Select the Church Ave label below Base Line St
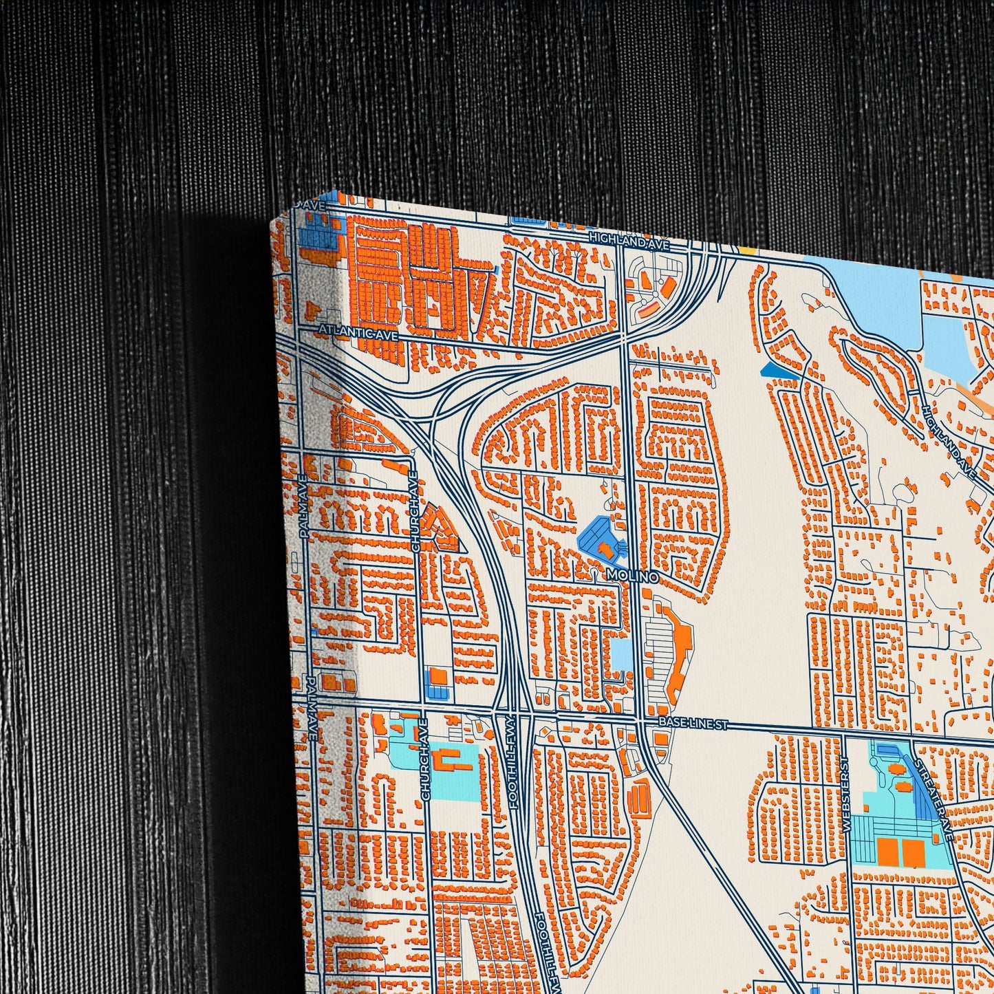click(425, 759)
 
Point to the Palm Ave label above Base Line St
click(304, 506)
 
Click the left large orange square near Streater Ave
click(889, 851)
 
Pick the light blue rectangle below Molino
click(620, 654)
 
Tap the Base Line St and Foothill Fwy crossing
click(512, 715)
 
